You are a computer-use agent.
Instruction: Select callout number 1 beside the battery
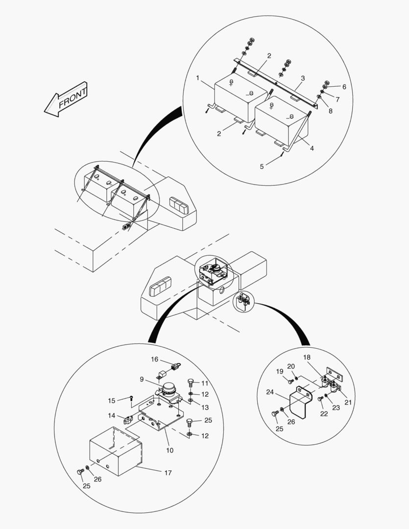pyautogui.click(x=198, y=78)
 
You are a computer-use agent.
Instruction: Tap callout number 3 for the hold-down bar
pyautogui.click(x=303, y=78)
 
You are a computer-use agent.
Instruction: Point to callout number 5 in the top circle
pyautogui.click(x=262, y=167)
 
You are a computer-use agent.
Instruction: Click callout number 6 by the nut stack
pyautogui.click(x=344, y=87)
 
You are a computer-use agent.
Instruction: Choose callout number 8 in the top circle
pyautogui.click(x=330, y=111)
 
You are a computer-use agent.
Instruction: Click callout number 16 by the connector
pyautogui.click(x=155, y=360)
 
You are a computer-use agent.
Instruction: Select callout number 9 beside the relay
pyautogui.click(x=142, y=379)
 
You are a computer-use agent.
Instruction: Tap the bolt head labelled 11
pyautogui.click(x=191, y=382)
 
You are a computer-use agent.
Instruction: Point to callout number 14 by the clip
pyautogui.click(x=112, y=415)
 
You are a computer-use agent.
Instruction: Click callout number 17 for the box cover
pyautogui.click(x=168, y=473)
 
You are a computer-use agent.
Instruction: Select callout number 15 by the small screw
pyautogui.click(x=111, y=400)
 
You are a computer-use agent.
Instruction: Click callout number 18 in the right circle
pyautogui.click(x=307, y=358)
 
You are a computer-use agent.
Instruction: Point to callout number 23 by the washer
pyautogui.click(x=336, y=407)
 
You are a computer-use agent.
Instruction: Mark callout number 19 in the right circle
pyautogui.click(x=280, y=371)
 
